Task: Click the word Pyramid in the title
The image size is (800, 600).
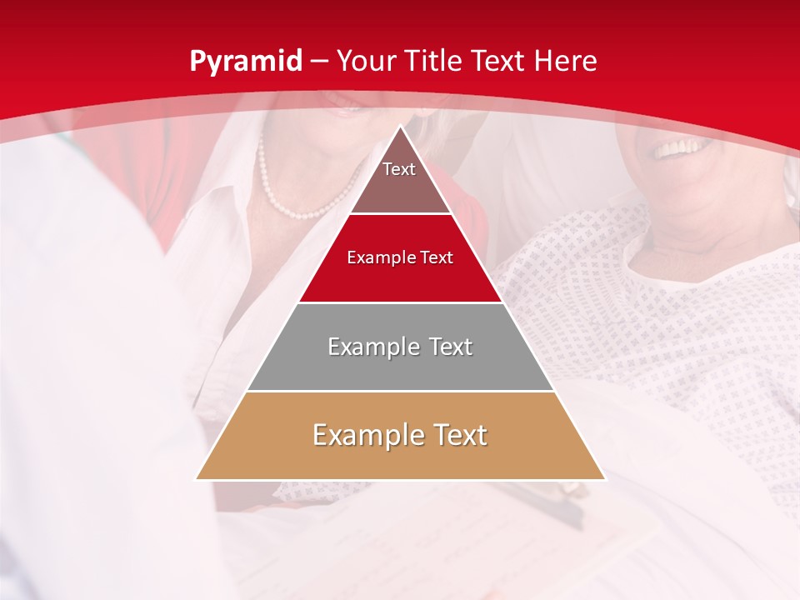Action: [245, 62]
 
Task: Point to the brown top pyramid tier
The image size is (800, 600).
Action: [400, 179]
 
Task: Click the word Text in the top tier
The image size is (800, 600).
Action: [399, 169]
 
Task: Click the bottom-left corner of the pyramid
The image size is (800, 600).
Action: [196, 479]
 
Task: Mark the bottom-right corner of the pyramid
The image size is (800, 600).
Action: [605, 479]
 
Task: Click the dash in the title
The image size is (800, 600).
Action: [319, 62]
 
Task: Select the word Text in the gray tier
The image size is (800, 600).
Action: [445, 347]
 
